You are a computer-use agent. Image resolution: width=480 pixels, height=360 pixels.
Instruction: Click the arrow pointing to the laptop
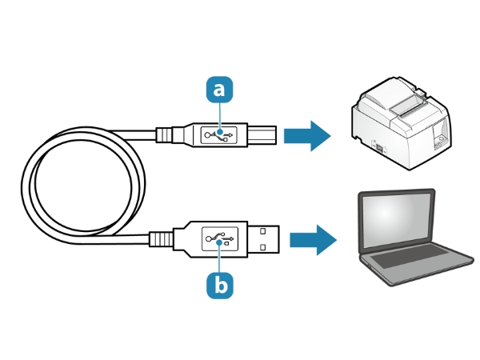coord(312,238)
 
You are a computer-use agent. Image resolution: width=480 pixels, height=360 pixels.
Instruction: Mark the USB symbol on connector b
coord(220,238)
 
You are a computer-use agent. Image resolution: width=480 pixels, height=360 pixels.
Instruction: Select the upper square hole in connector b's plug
coord(263,231)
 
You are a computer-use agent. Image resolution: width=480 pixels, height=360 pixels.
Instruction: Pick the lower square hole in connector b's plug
coord(263,246)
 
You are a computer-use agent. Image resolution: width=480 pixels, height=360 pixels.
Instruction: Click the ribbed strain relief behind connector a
coord(162,134)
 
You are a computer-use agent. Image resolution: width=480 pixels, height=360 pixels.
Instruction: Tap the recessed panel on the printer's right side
coord(439,139)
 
